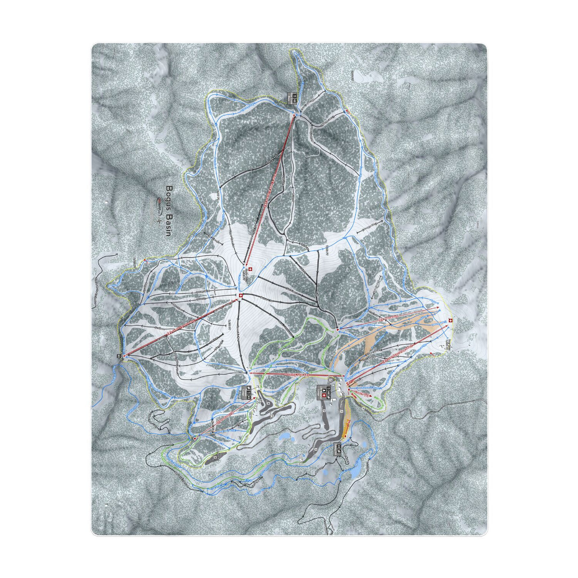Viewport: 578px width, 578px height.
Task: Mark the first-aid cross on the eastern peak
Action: coord(450,320)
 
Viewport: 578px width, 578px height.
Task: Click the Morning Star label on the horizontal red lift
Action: coord(296,374)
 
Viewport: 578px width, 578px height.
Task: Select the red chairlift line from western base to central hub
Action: coord(181,328)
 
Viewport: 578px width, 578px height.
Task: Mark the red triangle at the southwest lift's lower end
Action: coord(195,438)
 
